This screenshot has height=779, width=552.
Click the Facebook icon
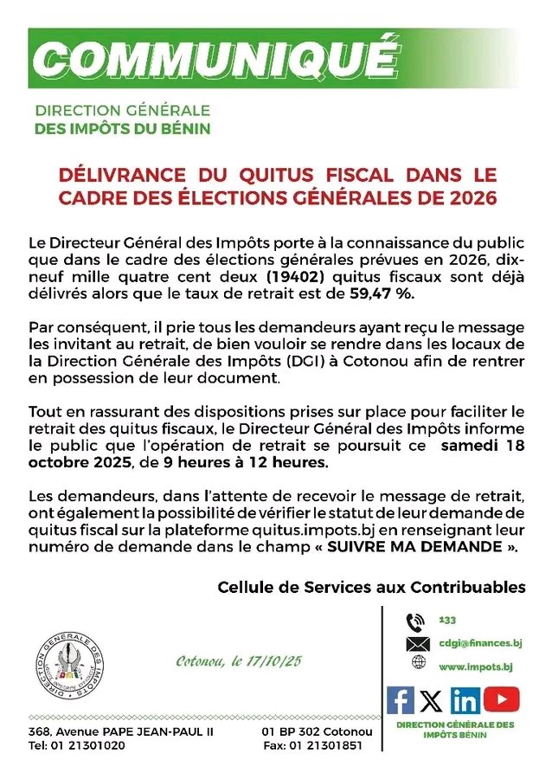pos(401,699)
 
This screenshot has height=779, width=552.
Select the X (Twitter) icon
pos(432,699)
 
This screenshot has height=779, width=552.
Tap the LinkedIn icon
pos(465,699)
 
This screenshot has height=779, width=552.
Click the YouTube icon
pos(501,698)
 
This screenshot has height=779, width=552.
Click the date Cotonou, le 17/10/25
pos(239,662)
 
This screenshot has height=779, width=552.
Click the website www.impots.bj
pos(474,666)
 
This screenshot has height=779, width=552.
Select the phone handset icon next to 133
pos(415,621)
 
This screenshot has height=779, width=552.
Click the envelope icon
pos(417,644)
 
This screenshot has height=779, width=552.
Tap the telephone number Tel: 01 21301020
pos(76,746)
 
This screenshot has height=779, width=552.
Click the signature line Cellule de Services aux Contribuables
pos(371,587)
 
